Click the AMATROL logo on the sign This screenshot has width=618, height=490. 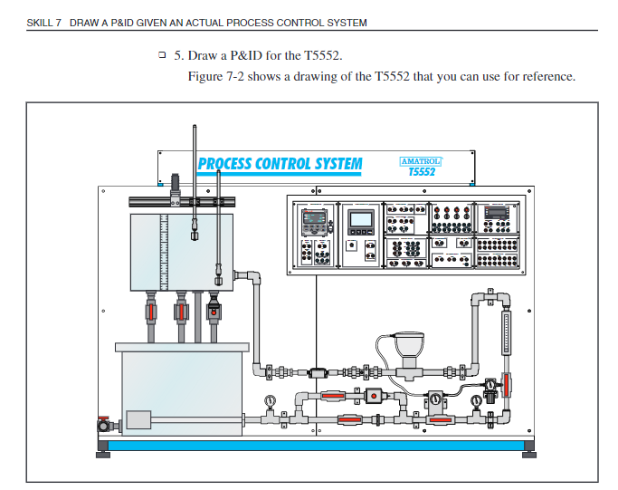[420, 161]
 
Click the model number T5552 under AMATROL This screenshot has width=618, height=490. [422, 171]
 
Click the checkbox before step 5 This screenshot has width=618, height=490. [162, 55]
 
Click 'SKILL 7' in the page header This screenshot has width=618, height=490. [43, 23]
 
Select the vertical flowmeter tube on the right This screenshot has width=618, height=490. [506, 335]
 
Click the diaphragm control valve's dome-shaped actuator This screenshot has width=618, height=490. [404, 345]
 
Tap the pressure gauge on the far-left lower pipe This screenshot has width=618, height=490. [271, 401]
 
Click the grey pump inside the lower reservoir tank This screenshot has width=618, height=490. [138, 419]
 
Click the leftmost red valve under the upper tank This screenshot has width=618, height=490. [150, 312]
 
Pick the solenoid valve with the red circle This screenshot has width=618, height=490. [372, 396]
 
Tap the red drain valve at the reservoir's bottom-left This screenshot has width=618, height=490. [105, 424]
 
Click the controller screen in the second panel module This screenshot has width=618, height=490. [362, 218]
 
